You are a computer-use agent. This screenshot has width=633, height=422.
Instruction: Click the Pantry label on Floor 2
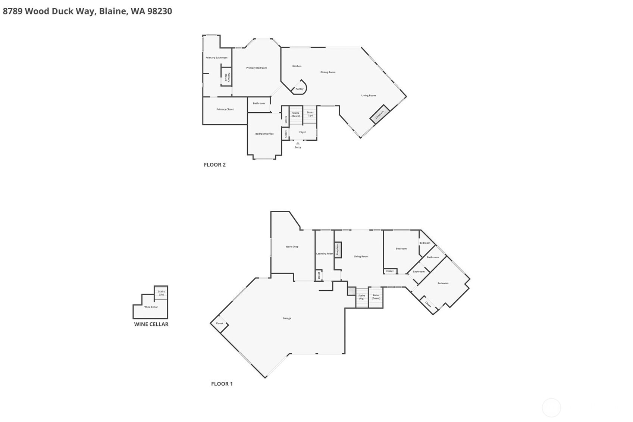[x=300, y=89]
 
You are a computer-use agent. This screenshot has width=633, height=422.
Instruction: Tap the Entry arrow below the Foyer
[x=298, y=143]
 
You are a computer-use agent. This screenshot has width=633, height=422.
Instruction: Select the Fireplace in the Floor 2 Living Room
[x=380, y=115]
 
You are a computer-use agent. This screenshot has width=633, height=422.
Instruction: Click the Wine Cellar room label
[x=151, y=307]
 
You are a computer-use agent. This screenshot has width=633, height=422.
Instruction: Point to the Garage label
[x=287, y=318]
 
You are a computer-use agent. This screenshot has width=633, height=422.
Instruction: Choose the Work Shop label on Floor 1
[x=292, y=247]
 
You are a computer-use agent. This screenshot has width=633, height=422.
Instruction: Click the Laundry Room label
[x=325, y=254]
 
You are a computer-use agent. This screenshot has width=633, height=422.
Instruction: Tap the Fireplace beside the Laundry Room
[x=338, y=250]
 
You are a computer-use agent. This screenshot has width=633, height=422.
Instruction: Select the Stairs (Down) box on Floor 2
[x=296, y=115]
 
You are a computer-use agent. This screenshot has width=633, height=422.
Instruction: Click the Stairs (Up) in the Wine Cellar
[x=161, y=293]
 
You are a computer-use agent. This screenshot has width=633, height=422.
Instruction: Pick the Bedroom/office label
[x=264, y=134]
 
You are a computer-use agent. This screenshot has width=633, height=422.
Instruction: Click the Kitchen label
[x=297, y=66]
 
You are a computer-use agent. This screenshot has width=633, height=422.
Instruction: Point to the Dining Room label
[x=328, y=72]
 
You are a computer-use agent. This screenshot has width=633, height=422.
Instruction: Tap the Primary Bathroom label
[x=216, y=57]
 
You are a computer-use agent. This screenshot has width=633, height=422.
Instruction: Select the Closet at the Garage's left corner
[x=219, y=323]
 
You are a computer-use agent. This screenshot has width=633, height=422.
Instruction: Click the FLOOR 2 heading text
[x=214, y=165]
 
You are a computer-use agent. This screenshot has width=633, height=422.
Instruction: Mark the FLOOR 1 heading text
[x=222, y=384]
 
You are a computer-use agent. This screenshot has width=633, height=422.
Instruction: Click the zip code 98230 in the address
[x=160, y=11]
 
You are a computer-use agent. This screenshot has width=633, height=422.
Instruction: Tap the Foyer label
[x=303, y=132]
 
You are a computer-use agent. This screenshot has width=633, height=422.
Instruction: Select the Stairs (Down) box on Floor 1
[x=376, y=297]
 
